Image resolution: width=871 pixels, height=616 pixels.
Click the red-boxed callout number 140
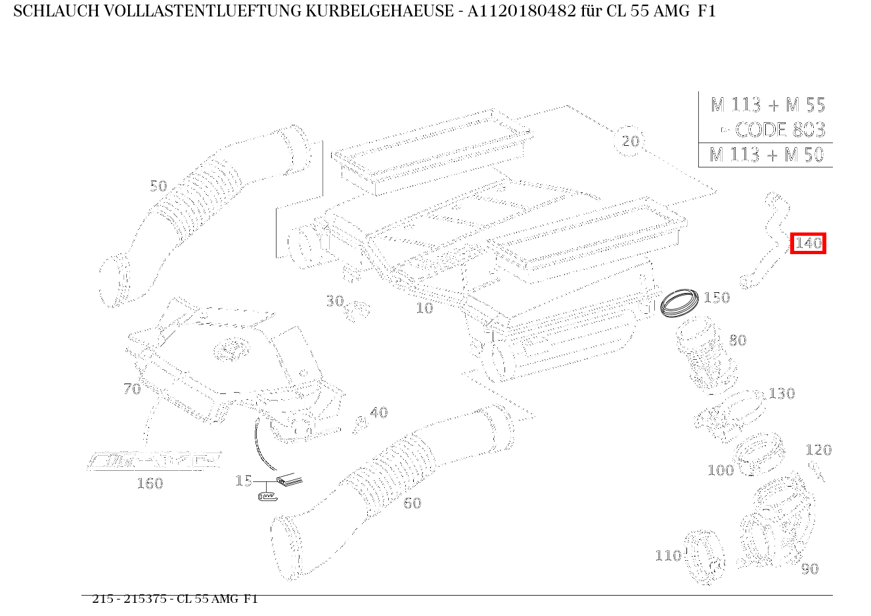point(808,244)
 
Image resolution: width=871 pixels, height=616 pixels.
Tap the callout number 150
point(716,297)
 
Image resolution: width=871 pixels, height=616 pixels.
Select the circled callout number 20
point(630,141)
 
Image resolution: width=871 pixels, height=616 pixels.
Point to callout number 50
point(158,186)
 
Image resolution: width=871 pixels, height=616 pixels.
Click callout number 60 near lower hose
point(412,503)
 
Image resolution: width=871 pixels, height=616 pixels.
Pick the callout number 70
point(132,389)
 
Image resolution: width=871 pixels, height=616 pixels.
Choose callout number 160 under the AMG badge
point(149,483)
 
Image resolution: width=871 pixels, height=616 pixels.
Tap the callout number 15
point(243,481)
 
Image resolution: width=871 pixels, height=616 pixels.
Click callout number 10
point(424,308)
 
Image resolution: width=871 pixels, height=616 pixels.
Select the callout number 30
point(335,301)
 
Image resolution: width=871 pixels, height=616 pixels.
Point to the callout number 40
point(378,412)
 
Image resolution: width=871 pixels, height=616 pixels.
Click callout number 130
point(782,393)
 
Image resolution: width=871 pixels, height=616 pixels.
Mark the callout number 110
point(668,556)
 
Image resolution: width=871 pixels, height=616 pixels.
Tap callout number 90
point(809,569)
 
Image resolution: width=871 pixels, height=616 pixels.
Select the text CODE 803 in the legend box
point(779,129)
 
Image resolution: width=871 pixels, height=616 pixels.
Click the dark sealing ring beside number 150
point(680,302)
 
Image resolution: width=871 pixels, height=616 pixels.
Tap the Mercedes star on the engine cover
point(231,349)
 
